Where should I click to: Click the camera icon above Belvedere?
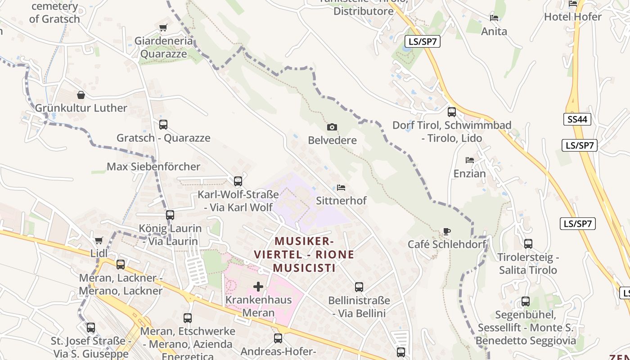point(332,127)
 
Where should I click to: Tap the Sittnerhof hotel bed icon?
point(341,187)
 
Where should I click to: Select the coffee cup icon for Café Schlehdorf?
point(446,232)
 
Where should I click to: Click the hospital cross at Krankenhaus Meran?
point(258,286)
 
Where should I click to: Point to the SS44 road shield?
point(577,119)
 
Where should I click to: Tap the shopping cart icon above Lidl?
point(99,240)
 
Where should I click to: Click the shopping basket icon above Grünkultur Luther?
point(81,95)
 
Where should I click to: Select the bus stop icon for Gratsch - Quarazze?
point(163,125)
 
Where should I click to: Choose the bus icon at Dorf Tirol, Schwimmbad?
point(452,112)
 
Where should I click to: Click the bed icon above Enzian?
point(470,160)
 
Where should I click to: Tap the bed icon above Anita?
point(494,18)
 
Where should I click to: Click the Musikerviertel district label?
point(304,254)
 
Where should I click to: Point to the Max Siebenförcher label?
point(153,166)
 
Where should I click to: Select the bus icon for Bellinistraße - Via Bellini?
point(359,287)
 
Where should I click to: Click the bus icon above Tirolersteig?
point(528,244)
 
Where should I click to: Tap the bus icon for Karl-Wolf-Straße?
point(238,181)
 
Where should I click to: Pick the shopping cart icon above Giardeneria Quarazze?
point(163,28)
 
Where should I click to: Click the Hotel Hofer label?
point(573,17)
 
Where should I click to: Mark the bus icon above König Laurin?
point(170,215)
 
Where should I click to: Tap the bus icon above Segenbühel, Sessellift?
point(526,301)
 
